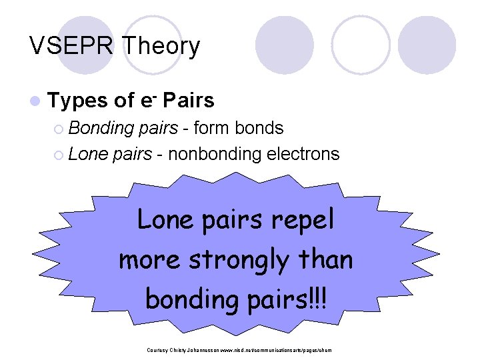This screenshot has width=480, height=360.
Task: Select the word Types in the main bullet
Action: click(78, 101)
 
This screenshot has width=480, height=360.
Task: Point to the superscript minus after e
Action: click(153, 95)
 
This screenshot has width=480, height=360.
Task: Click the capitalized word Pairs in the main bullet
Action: click(189, 101)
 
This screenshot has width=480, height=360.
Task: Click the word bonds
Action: click(259, 128)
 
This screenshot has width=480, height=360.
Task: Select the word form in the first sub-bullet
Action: click(213, 128)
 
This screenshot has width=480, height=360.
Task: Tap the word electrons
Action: click(303, 155)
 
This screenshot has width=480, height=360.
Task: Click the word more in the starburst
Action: click(149, 260)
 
